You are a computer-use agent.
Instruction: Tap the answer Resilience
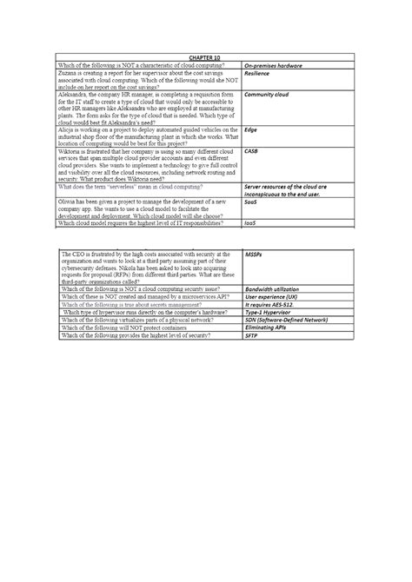(x=258, y=76)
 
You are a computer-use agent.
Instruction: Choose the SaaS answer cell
(x=251, y=202)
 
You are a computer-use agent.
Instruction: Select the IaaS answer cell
(x=251, y=222)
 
